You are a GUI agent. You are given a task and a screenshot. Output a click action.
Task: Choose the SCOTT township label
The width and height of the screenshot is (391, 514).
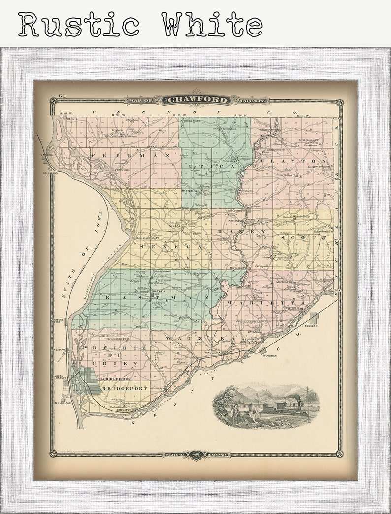click(x=303, y=237)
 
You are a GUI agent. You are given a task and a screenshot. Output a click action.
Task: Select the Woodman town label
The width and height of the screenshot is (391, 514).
click(x=270, y=355)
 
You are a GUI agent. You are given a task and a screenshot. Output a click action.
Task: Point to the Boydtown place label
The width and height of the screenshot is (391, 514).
click(x=254, y=332)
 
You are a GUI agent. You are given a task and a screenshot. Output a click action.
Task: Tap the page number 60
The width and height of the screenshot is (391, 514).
click(x=62, y=95)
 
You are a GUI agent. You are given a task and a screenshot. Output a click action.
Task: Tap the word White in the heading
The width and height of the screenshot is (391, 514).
click(x=212, y=24)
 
